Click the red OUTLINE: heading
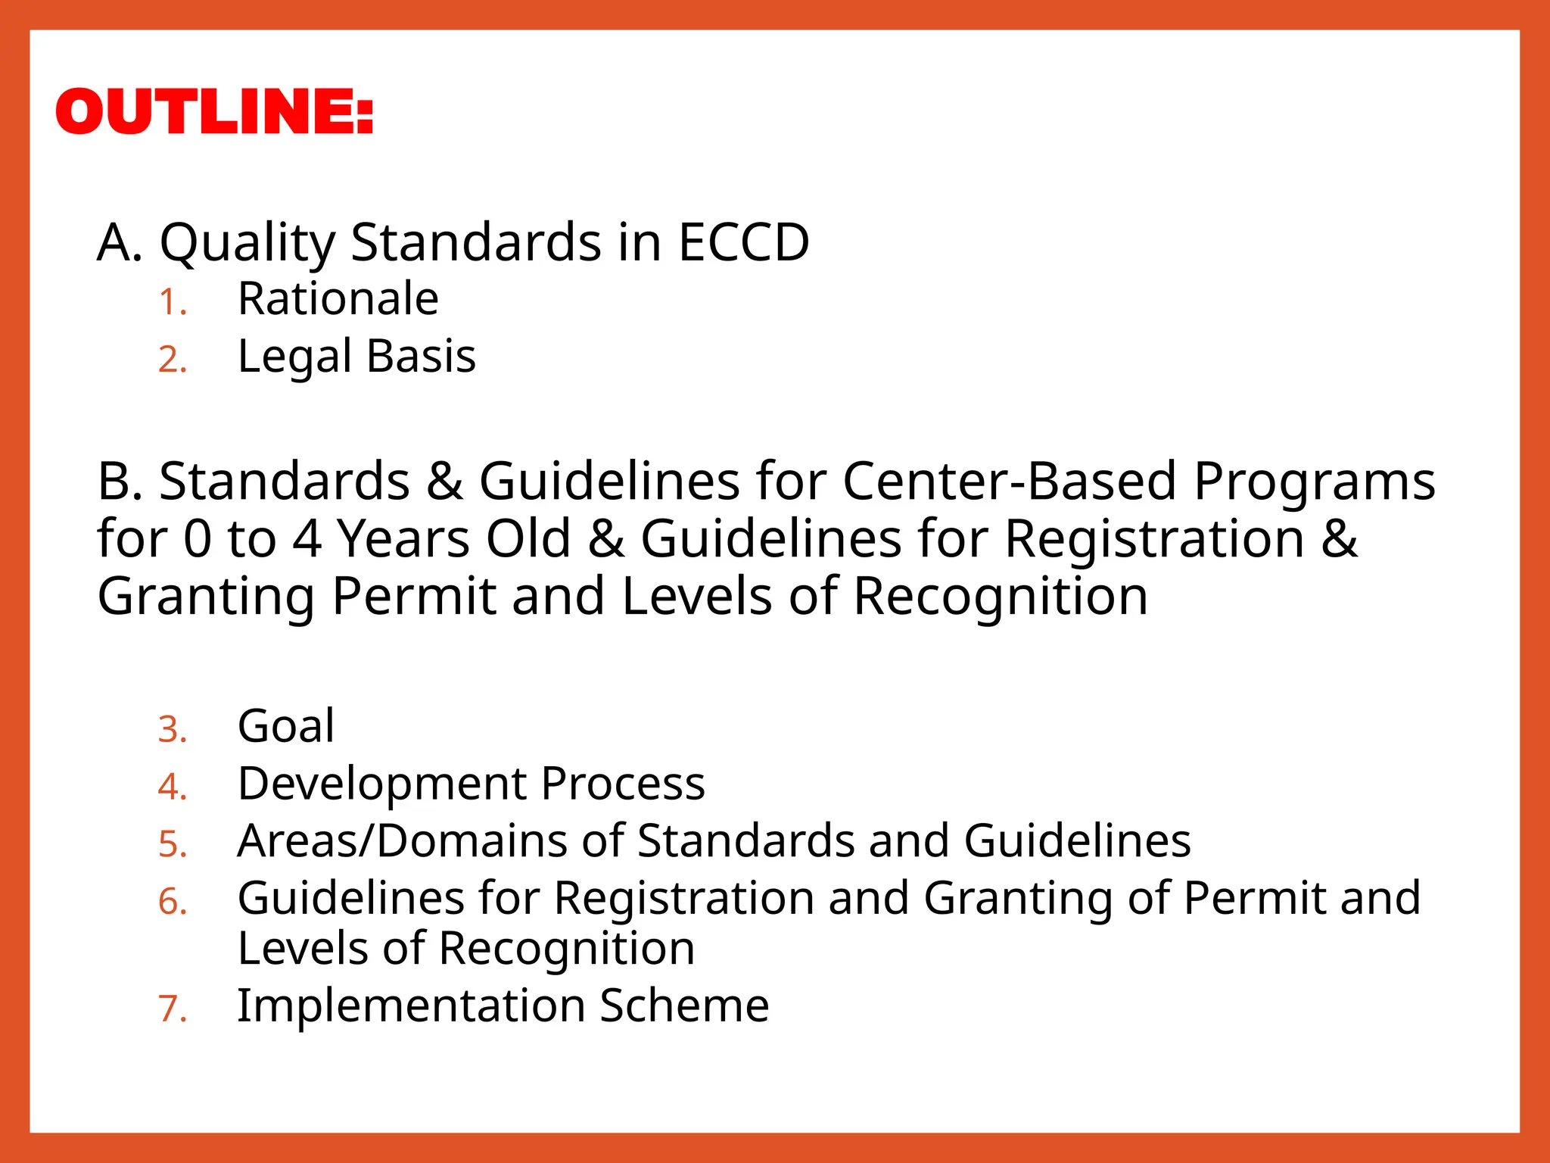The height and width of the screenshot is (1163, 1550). point(214,111)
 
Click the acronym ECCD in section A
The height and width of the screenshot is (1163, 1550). point(743,242)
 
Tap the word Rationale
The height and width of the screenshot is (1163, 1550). point(338,298)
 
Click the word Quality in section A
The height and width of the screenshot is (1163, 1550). point(247,244)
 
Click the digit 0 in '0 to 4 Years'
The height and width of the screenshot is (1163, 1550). point(198,539)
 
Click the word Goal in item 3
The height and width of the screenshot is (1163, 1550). point(285,725)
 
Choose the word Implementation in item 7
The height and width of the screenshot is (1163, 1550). point(411,1006)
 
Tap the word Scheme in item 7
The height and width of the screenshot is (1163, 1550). point(684,1006)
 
